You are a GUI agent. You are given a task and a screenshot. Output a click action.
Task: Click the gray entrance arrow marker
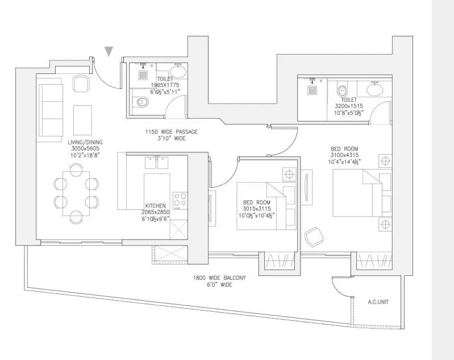point(109,52)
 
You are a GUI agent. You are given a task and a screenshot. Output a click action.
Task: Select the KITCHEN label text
point(155,205)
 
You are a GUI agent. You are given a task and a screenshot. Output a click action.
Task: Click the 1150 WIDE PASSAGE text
point(171,131)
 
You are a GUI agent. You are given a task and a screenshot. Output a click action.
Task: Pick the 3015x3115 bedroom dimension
point(256,209)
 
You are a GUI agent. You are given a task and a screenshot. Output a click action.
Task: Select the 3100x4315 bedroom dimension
point(344,155)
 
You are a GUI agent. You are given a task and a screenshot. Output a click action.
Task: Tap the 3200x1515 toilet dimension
point(348,106)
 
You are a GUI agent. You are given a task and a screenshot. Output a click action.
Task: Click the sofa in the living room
point(49,110)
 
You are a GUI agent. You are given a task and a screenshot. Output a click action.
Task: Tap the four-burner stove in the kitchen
point(180,200)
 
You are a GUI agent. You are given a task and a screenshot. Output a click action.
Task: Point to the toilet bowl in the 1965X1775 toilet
point(143,102)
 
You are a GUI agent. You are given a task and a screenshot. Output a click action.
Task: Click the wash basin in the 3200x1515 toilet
point(374,89)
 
